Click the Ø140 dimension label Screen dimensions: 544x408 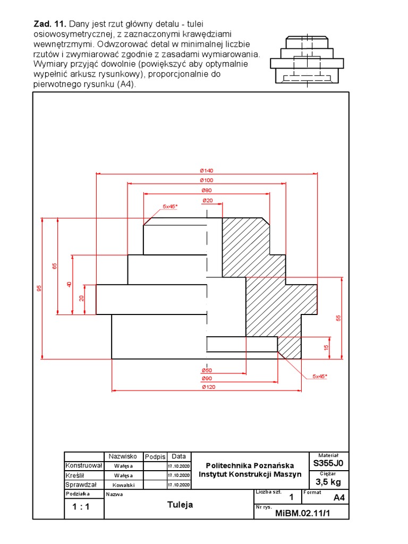[206, 171]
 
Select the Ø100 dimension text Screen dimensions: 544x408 [206, 181]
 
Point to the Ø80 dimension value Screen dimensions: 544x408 [206, 190]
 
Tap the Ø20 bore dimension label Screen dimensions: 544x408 [207, 200]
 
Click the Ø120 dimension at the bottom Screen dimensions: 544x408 [207, 387]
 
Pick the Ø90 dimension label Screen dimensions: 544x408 [207, 378]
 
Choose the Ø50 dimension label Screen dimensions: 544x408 [207, 370]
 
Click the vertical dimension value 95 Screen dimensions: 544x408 [39, 288]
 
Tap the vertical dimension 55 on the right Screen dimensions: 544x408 [338, 318]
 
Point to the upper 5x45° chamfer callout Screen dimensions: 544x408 [171, 206]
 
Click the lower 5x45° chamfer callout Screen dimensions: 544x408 [320, 376]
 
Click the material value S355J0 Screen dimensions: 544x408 [328, 463]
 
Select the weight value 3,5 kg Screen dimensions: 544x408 [328, 482]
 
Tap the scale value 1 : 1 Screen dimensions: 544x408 [81, 507]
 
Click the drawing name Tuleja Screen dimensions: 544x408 [180, 505]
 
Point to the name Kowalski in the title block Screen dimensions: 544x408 [123, 485]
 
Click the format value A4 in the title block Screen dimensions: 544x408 [339, 498]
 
